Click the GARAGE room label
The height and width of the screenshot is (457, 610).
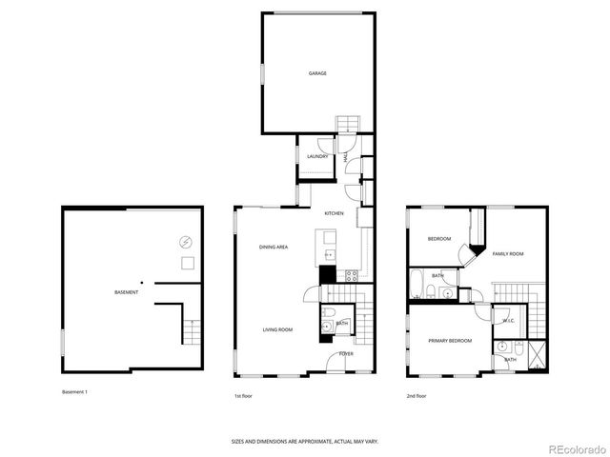click(x=316, y=73)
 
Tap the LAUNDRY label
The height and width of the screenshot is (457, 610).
click(x=317, y=157)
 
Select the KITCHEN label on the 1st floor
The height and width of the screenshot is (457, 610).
click(x=334, y=213)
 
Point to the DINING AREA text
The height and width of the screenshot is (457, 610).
click(x=274, y=248)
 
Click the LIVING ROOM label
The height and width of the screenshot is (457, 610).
click(x=277, y=329)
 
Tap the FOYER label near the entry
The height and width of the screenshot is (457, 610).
click(x=345, y=353)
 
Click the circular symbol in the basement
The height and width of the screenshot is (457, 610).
click(x=186, y=242)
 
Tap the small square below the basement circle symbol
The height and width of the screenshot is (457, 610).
click(x=189, y=263)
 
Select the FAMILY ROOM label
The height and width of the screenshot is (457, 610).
click(x=508, y=254)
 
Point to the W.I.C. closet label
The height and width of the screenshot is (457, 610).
click(x=508, y=321)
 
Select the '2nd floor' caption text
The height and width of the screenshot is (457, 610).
click(x=417, y=395)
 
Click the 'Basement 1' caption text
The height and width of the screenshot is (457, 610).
click(x=75, y=391)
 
